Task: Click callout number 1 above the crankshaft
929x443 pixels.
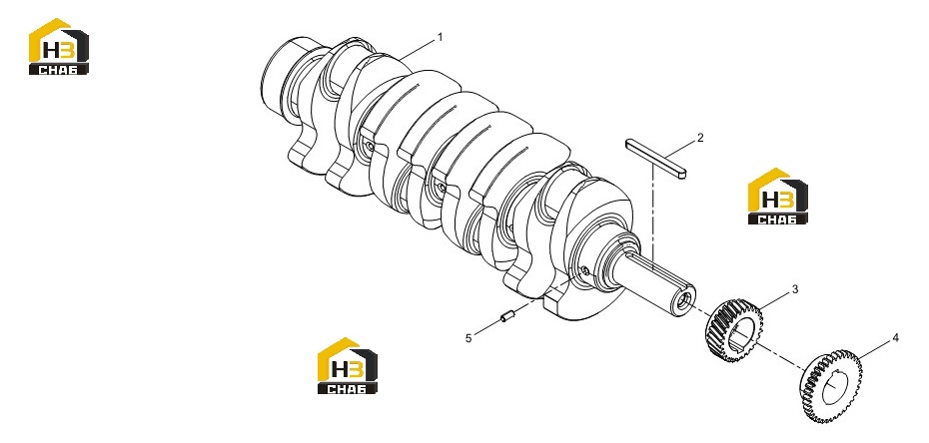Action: (440, 37)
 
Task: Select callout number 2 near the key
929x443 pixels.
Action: (700, 138)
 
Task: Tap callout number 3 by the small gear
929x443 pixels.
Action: (795, 289)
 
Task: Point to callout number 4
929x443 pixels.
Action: (895, 337)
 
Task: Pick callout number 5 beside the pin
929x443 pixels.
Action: (468, 338)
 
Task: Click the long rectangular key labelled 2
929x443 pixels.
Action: (656, 158)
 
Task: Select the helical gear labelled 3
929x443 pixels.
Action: (733, 330)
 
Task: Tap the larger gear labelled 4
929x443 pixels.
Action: (831, 386)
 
